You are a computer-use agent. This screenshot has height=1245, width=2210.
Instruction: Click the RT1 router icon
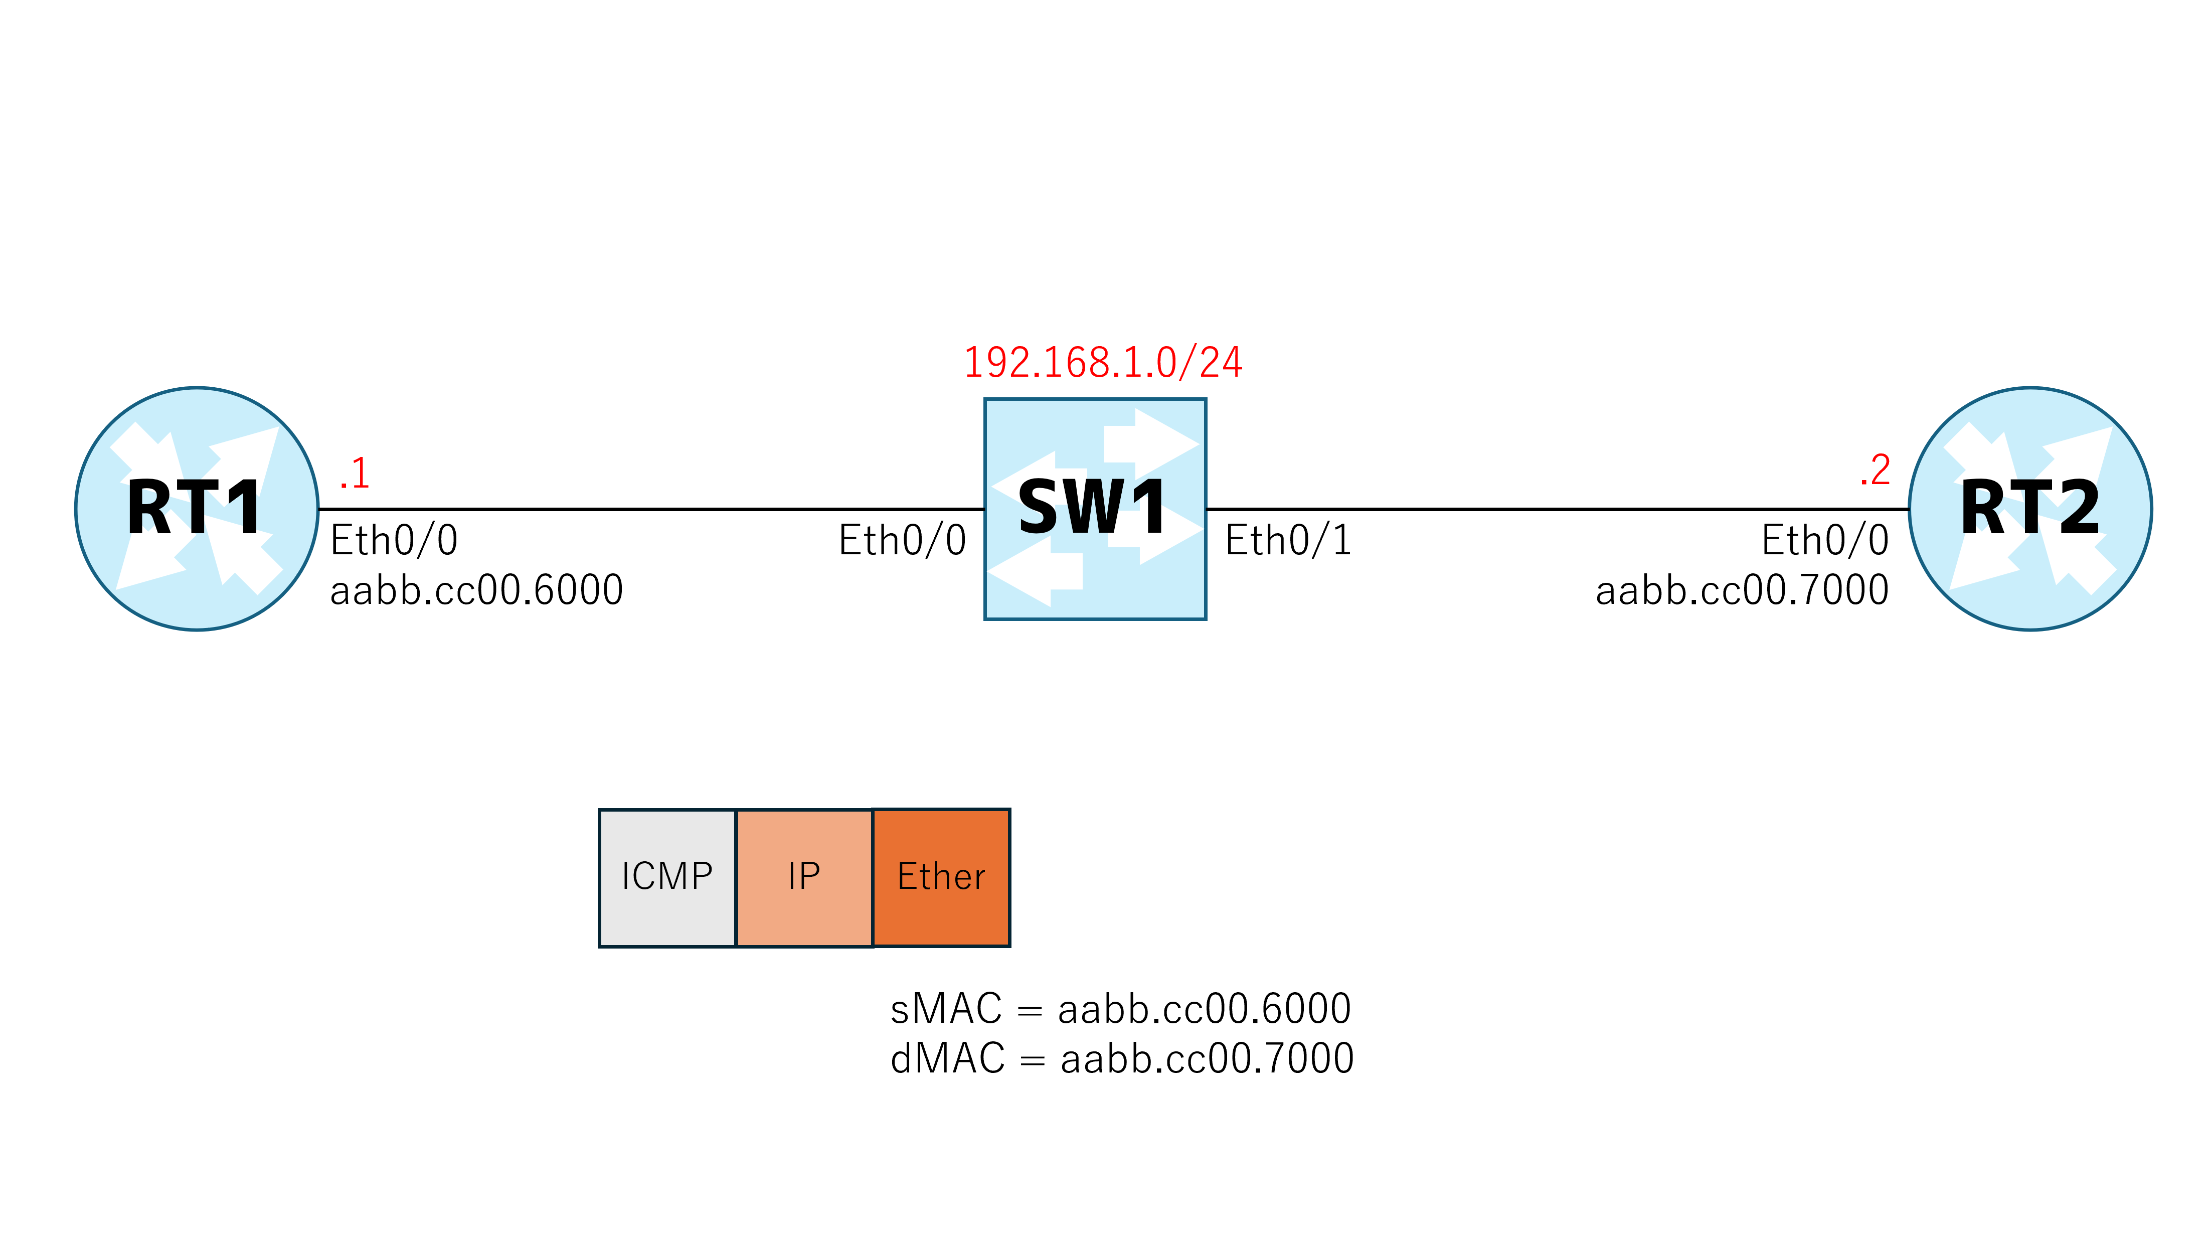(197, 509)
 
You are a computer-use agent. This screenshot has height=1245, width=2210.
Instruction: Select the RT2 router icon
(2030, 509)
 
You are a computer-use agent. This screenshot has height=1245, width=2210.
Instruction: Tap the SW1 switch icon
(1095, 509)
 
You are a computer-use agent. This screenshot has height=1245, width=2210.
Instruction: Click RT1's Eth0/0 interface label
(394, 541)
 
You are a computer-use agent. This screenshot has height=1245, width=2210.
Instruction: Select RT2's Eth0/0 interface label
(1825, 541)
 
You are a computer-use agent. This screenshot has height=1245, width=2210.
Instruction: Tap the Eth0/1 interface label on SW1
(1289, 541)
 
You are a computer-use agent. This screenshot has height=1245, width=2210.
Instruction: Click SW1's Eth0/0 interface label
(903, 541)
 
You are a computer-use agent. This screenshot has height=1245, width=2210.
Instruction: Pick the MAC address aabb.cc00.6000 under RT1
(476, 590)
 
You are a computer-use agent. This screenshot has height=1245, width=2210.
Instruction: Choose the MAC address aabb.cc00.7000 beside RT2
(1743, 590)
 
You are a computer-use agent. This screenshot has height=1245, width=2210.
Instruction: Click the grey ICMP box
(667, 878)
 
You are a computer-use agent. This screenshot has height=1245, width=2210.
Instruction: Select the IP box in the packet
(805, 878)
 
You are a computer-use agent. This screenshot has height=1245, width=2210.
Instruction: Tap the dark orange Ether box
(941, 878)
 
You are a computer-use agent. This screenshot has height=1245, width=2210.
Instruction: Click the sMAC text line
(1120, 1009)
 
